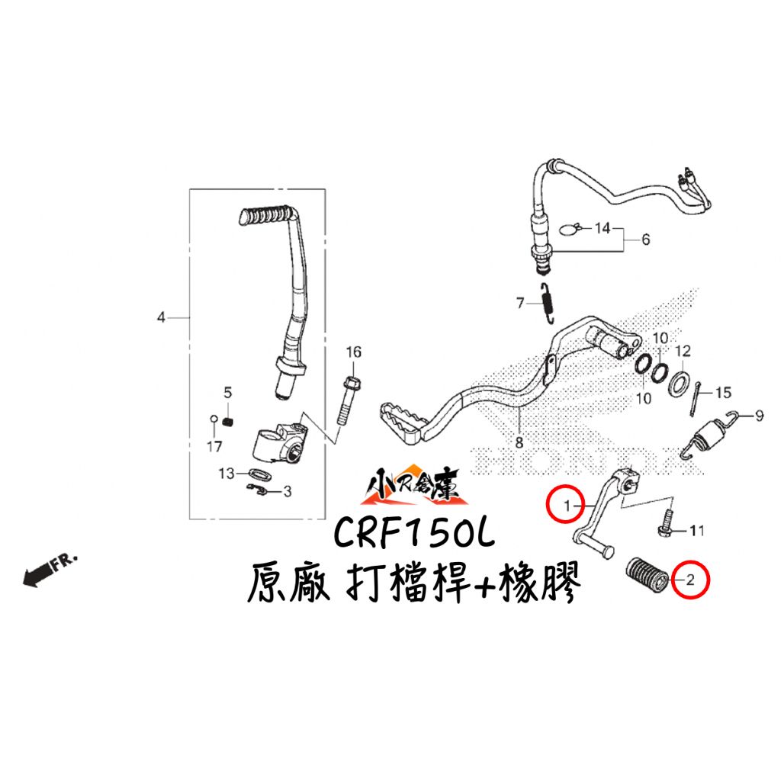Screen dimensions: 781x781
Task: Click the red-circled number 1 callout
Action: point(566,506)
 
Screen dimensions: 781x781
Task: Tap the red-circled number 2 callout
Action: point(689,580)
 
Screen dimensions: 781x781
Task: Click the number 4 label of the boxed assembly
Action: point(161,317)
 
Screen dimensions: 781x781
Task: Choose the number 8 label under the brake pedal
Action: point(519,442)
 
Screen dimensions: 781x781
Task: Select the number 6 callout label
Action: point(645,239)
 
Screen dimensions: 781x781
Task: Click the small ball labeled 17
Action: point(214,419)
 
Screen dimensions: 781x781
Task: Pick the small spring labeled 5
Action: point(228,422)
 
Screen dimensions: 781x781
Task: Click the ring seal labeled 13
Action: point(259,474)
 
